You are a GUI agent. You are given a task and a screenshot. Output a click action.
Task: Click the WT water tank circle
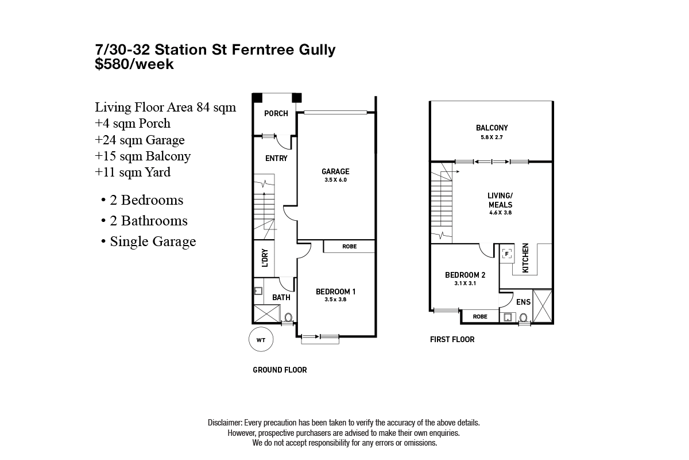[261, 340]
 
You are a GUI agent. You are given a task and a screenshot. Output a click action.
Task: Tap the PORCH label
[276, 113]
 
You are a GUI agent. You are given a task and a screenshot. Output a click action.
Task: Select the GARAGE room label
[335, 171]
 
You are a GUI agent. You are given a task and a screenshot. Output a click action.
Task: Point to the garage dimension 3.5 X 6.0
[335, 180]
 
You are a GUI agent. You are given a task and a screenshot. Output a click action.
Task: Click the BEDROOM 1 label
[336, 292]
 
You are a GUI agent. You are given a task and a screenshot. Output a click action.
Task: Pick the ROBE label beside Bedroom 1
[349, 247]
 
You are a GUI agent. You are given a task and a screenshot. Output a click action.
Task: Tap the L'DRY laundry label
[265, 258]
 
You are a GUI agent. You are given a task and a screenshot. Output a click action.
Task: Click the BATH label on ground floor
[281, 297]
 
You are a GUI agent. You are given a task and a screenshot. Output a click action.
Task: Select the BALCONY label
[491, 128]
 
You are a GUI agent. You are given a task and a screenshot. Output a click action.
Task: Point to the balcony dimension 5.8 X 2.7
[491, 137]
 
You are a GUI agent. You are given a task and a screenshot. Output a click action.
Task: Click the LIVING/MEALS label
[500, 200]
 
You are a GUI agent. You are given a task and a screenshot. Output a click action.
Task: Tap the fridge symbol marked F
[507, 254]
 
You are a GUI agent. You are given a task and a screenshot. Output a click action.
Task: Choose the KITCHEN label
[525, 258]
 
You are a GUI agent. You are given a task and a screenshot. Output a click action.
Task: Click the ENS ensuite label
[524, 302]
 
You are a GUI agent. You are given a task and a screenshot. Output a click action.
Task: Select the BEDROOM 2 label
[466, 275]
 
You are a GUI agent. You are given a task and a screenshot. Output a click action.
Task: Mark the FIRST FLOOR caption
[452, 339]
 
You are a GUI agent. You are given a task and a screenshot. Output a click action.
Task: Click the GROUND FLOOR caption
[280, 370]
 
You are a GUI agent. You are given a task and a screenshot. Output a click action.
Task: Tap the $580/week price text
[134, 64]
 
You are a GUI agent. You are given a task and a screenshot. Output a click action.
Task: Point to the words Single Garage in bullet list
[153, 241]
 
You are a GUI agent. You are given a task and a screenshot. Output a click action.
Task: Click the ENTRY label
[276, 158]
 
